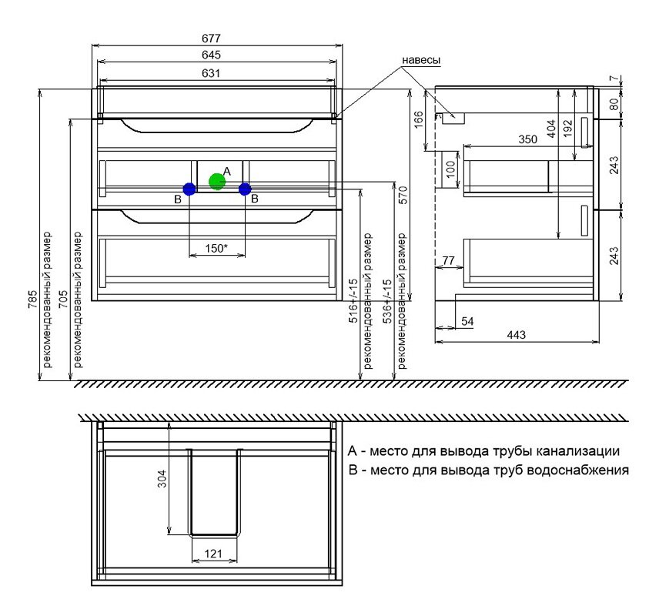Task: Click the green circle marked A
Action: tap(217, 181)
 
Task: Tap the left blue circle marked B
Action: tap(189, 189)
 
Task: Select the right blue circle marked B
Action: tap(245, 189)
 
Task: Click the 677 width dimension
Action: tap(211, 38)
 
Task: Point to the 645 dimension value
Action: tap(211, 55)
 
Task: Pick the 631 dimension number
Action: tap(211, 73)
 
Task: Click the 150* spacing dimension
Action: tap(216, 248)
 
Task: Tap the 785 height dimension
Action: tap(33, 300)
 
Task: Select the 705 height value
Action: tap(63, 300)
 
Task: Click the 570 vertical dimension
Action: tap(403, 195)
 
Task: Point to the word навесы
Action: tap(421, 60)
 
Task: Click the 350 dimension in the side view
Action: tap(527, 139)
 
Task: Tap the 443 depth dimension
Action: tap(516, 335)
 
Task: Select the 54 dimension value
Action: tap(467, 322)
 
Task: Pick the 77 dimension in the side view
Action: tap(448, 261)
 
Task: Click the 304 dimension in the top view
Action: tap(162, 478)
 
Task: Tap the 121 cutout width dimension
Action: tap(213, 554)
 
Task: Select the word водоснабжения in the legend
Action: tap(577, 470)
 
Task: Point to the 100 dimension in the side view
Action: tap(450, 169)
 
